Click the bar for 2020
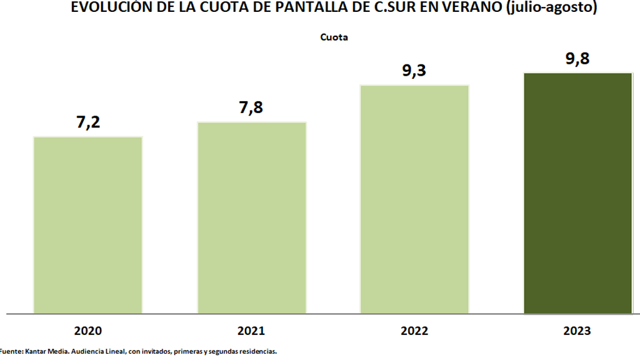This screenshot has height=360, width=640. [88, 224]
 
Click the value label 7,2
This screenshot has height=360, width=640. [88, 122]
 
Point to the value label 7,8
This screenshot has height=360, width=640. [251, 107]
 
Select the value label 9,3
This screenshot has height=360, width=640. [414, 71]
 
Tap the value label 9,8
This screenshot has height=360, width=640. [577, 59]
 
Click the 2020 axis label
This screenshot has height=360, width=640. [87, 330]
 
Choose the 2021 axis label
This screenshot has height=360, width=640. [251, 330]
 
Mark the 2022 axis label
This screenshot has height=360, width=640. [414, 330]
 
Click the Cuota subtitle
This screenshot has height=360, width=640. [334, 37]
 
